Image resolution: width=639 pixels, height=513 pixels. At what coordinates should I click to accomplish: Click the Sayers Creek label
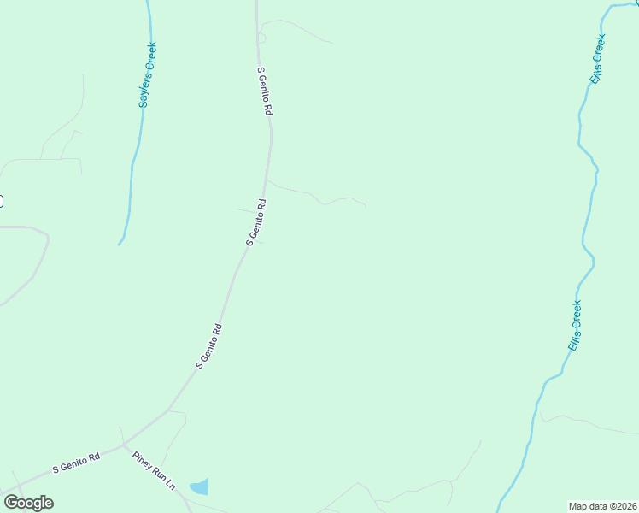[x=148, y=74]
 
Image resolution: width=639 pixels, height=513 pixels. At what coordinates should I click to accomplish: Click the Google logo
[x=28, y=503]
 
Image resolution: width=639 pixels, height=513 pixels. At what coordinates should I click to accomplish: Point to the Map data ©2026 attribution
[x=601, y=506]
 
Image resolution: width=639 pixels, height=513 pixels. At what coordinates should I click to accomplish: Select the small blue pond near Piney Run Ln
[x=199, y=487]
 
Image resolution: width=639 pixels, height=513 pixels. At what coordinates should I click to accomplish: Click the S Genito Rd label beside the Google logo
[x=76, y=463]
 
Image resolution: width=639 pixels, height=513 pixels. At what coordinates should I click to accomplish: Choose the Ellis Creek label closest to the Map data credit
[x=575, y=325]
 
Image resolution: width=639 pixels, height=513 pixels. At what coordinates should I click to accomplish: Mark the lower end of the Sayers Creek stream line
[x=120, y=244]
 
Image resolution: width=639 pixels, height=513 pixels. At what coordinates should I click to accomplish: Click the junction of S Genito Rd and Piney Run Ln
[x=124, y=445]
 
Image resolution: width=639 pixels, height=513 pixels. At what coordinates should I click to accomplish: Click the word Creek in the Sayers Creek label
[x=150, y=57]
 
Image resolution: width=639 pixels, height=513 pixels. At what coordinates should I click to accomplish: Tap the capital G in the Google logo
[x=11, y=503]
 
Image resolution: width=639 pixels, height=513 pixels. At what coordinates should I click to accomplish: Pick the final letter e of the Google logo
[x=48, y=504]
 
